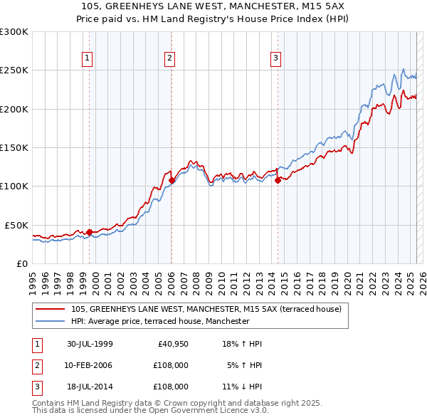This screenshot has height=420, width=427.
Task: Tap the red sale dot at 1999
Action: [90, 231]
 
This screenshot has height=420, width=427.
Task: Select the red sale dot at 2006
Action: [172, 180]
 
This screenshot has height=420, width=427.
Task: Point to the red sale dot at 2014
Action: [278, 180]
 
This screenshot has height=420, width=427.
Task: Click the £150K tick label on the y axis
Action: [14, 147]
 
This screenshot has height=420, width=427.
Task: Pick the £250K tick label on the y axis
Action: [14, 70]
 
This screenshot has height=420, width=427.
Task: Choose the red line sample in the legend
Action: [51, 309]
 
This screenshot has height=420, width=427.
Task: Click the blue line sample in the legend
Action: [51, 321]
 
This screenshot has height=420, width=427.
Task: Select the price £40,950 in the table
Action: [172, 344]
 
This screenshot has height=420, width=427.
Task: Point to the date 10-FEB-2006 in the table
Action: [89, 365]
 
